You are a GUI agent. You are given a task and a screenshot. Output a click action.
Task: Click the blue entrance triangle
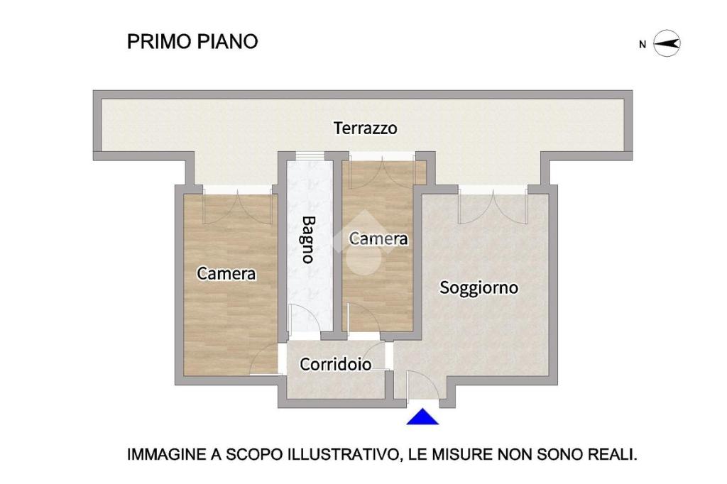[422, 417]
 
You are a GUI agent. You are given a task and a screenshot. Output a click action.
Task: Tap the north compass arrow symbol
[667, 43]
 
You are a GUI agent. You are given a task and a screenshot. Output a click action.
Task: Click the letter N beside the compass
[642, 45]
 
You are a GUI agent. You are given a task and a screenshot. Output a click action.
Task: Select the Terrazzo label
[366, 128]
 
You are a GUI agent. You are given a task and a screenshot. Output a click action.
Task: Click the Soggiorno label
[479, 288]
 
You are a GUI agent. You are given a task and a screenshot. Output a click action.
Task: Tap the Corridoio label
[335, 364]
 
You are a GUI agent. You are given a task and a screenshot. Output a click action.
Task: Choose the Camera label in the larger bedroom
[226, 273]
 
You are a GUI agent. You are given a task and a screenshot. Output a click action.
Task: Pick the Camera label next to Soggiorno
[378, 238]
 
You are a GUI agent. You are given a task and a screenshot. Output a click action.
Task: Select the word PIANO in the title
[228, 42]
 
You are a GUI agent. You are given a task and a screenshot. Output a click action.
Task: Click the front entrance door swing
[420, 385]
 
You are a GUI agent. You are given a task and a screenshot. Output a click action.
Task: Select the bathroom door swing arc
[304, 318]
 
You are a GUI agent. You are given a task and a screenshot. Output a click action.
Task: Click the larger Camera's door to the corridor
[264, 360]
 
